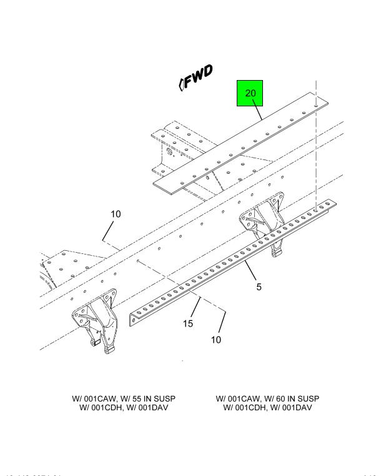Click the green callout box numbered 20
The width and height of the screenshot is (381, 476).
tap(250, 94)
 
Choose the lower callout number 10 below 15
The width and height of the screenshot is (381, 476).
tap(215, 340)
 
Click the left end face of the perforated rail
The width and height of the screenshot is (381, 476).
tap(132, 320)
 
